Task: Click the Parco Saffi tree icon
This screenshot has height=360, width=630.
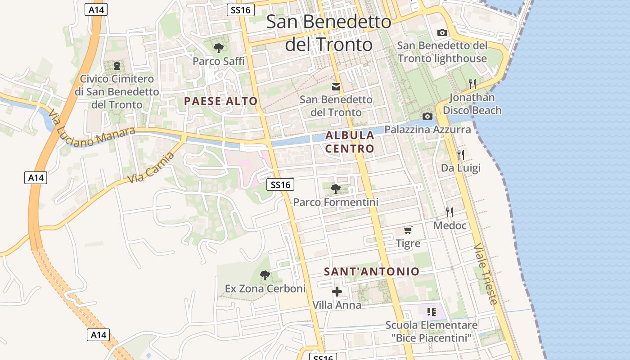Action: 219,48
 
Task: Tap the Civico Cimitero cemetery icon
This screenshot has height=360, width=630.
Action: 117,66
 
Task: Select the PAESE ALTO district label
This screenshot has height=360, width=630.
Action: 220,101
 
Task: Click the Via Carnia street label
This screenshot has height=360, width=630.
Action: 151,168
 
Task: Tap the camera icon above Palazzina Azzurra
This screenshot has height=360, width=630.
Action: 427,117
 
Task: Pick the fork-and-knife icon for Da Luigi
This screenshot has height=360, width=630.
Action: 460,155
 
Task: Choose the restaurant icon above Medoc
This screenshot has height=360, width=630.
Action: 449,212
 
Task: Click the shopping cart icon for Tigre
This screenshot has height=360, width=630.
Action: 408,230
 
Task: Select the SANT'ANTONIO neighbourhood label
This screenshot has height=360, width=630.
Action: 372,271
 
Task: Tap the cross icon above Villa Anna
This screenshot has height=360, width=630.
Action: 337,292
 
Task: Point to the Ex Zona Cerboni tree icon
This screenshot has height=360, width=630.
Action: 265,275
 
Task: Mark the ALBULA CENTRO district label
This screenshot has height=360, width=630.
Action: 350,142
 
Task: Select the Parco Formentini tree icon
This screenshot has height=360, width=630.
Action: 335,189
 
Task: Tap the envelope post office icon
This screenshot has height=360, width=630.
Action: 336,86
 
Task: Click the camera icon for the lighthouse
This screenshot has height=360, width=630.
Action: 442,32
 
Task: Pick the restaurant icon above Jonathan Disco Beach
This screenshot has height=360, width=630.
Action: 472,84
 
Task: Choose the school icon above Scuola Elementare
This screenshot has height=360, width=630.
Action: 432,311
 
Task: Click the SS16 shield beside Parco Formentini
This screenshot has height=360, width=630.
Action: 280,184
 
